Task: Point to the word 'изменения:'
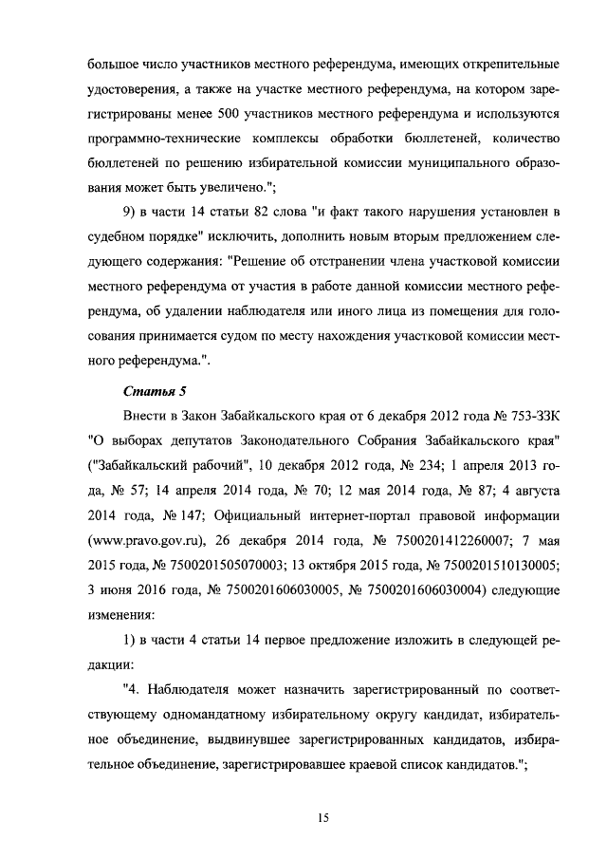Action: pyautogui.click(x=120, y=614)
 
